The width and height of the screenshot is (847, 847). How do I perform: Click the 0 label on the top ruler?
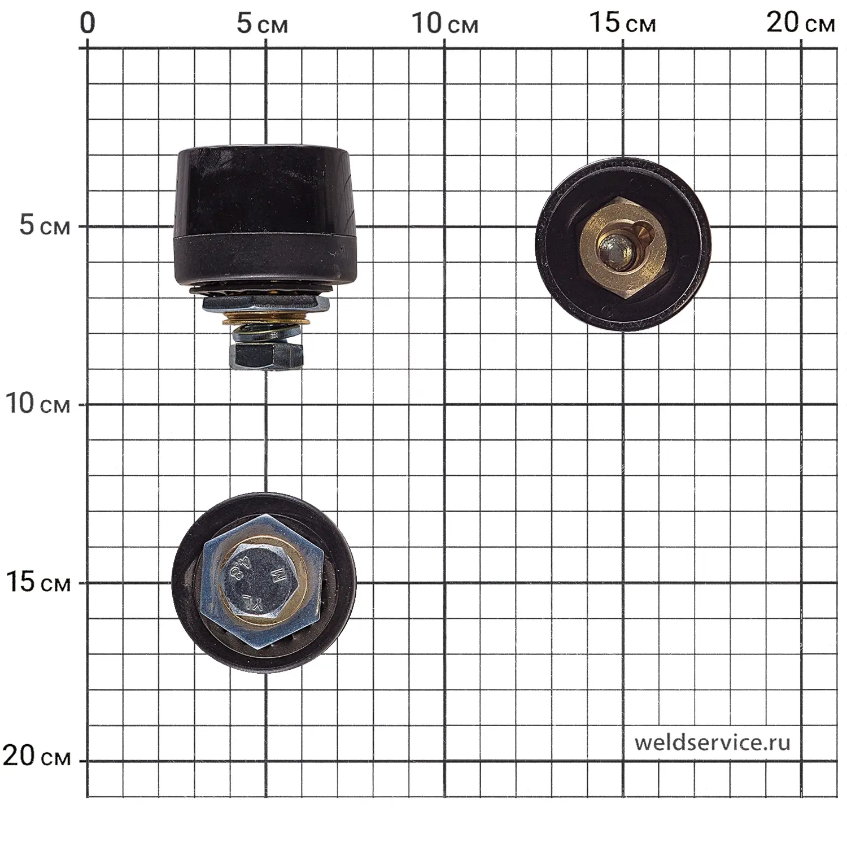(x=88, y=23)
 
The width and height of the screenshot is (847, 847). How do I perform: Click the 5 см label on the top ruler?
(x=262, y=24)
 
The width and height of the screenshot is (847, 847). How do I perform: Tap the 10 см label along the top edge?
(x=444, y=24)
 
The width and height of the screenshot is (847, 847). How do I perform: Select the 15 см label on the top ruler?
(x=622, y=24)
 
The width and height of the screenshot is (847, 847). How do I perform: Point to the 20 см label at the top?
(x=800, y=24)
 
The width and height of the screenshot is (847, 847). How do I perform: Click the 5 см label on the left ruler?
(x=45, y=225)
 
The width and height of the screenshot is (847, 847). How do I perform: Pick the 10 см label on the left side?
(x=37, y=403)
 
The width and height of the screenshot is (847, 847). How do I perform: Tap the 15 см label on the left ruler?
(x=38, y=582)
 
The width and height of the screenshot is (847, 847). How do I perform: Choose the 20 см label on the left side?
(x=37, y=756)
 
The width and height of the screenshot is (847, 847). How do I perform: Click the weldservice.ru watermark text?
(x=712, y=743)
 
